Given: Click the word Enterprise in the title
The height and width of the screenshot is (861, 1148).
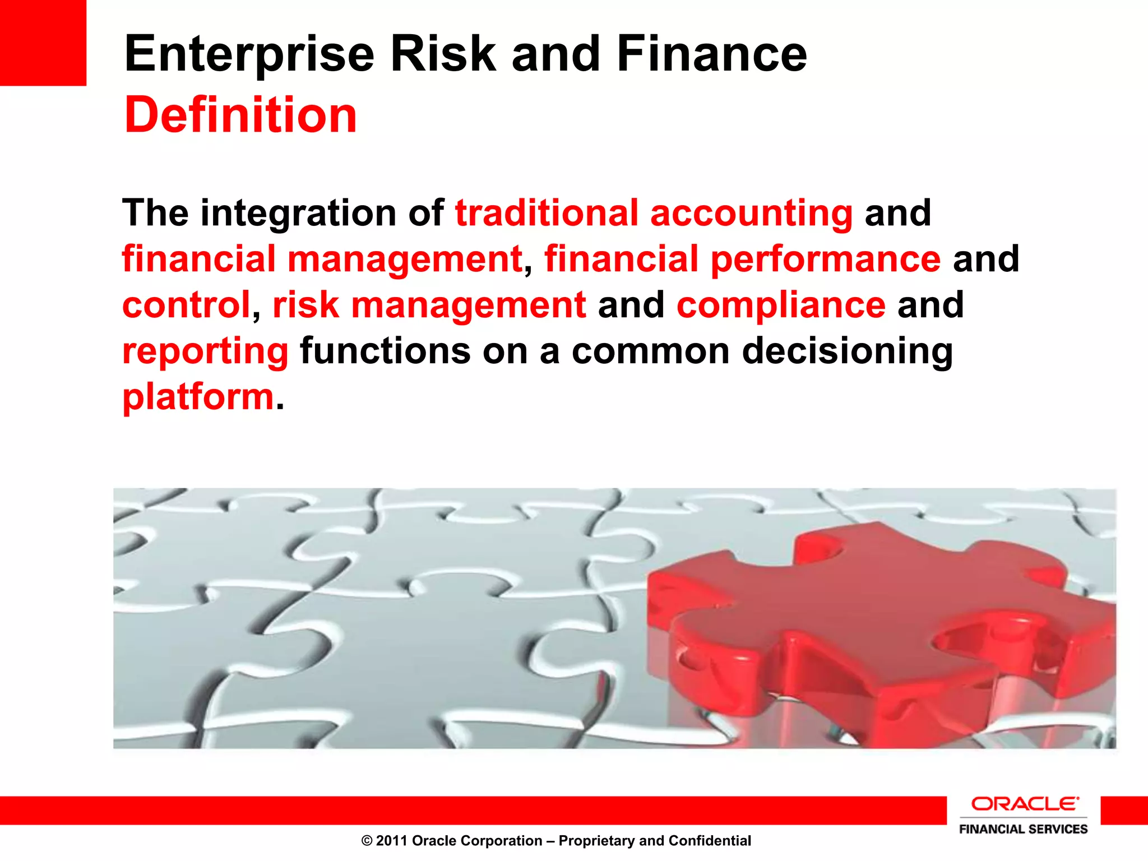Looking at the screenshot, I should tap(249, 54).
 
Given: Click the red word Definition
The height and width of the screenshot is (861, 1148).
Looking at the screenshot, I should tap(240, 115).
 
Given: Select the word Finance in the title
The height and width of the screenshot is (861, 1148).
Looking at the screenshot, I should tap(711, 54).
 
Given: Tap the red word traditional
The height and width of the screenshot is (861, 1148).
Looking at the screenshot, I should tap(547, 213).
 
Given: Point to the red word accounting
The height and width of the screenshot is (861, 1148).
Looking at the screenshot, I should tap(751, 214).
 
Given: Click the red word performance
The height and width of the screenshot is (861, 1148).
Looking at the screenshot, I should tap(826, 260).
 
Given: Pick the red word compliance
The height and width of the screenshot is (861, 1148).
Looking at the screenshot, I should tap(781, 305).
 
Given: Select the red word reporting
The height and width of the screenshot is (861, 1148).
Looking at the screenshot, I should tap(205, 352).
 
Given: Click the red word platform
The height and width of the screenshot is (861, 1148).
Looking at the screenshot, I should tap(198, 397).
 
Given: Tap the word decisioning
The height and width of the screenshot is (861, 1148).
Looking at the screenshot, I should tap(847, 352).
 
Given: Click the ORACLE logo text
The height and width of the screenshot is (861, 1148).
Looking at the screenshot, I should tap(1024, 804).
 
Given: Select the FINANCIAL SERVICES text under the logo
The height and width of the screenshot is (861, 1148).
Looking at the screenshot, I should tap(1023, 829).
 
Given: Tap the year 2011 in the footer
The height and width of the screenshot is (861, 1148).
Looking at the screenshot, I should tap(391, 841).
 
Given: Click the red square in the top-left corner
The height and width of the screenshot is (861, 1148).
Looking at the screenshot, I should tap(43, 43).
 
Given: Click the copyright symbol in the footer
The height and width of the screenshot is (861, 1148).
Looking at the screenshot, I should tap(367, 841).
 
